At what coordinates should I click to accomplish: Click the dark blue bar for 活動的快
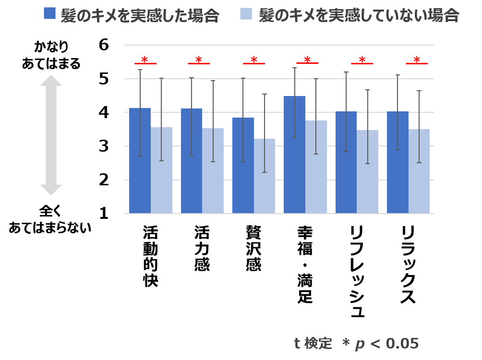coord(140,161)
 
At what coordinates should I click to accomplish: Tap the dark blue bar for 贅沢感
coord(243,166)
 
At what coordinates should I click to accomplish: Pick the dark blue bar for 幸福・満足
coord(294,155)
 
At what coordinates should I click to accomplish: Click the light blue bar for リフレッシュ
coord(367,172)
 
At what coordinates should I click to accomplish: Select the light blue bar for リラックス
coord(419,171)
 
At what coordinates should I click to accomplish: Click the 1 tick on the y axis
coord(105,214)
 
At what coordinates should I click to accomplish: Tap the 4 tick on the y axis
coord(105,112)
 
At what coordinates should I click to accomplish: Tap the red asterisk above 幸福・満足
coord(307,60)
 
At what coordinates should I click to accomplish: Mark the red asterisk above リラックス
coord(417,60)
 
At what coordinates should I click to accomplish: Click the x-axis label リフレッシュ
coord(357,271)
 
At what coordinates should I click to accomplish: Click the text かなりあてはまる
coord(51,55)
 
